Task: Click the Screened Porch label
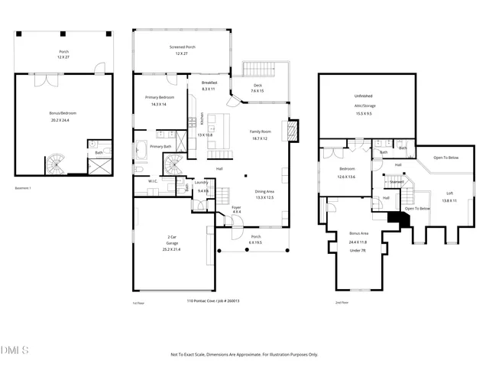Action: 182,47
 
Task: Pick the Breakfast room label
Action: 209,83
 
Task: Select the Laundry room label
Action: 202,182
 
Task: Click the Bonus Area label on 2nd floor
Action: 359,232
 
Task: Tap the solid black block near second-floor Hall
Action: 397,219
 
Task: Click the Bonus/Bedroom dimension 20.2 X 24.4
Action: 63,120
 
